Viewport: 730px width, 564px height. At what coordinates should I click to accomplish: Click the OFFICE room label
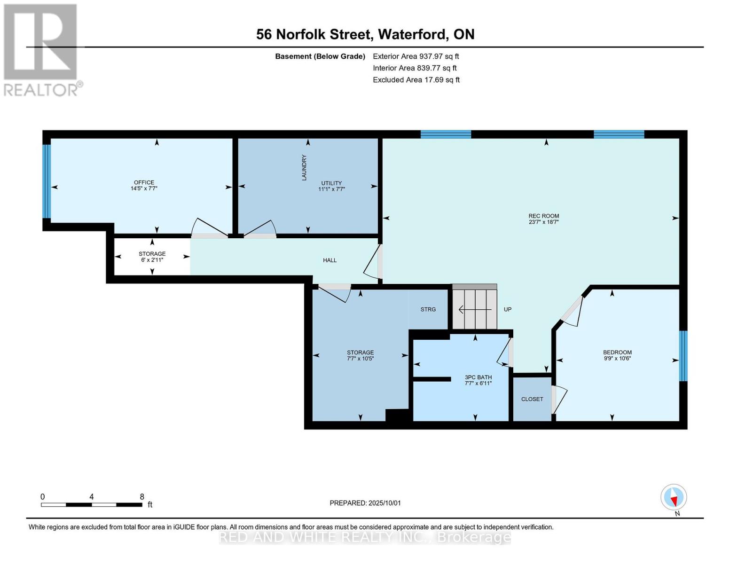(144, 182)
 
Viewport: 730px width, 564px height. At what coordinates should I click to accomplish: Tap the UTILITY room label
(331, 183)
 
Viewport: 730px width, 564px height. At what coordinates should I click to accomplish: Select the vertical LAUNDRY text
(304, 167)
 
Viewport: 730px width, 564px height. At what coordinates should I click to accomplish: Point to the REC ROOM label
(543, 216)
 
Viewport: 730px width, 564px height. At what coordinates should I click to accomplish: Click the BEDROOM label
(617, 352)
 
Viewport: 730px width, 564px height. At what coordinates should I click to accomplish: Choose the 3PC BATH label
(478, 377)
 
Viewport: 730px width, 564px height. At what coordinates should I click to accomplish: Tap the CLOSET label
(532, 399)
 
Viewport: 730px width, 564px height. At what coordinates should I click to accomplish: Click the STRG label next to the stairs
(428, 309)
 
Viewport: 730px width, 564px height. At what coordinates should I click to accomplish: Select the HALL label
(330, 260)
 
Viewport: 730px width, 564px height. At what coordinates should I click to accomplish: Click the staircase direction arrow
(475, 310)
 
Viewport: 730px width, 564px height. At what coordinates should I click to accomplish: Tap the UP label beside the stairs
(508, 309)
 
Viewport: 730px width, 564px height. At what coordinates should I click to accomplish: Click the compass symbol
(674, 497)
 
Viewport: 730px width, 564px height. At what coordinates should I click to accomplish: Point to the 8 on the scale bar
(142, 497)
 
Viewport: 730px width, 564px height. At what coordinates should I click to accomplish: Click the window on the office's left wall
(47, 181)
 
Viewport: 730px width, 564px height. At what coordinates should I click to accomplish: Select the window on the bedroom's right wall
(683, 356)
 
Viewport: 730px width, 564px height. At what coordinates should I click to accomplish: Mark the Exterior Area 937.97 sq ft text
(416, 56)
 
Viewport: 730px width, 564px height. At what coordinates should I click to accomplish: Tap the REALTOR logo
(41, 49)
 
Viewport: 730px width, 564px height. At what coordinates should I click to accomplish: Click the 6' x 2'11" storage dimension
(152, 260)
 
